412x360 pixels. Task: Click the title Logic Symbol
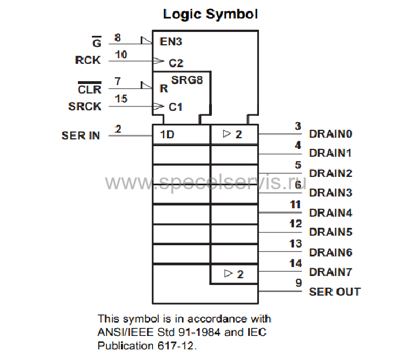coord(210,13)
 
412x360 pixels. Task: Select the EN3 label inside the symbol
coord(170,41)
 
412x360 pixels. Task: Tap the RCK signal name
coord(88,60)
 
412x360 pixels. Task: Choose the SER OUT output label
coord(335,292)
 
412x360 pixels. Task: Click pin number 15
coord(121,99)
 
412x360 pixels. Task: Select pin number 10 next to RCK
coord(121,54)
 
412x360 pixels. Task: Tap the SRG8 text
coord(187,80)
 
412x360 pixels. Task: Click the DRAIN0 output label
coord(331,134)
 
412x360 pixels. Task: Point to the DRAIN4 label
coord(331,213)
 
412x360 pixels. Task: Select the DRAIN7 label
coord(331,272)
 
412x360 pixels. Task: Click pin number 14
coord(295,263)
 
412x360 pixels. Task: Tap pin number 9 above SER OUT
coord(299,283)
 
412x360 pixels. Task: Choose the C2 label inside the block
coord(175,63)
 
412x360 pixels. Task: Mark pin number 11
coord(295,204)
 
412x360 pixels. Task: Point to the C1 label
coord(175,106)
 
